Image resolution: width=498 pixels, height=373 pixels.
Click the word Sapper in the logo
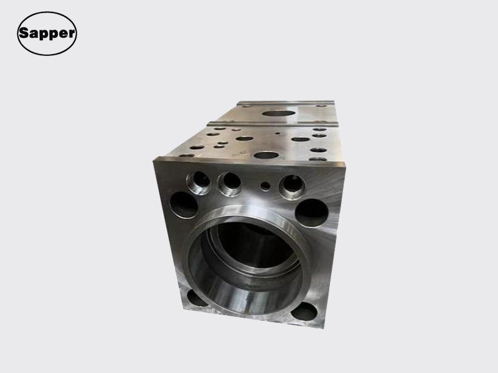[47, 34]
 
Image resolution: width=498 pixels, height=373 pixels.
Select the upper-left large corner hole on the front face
[184, 205]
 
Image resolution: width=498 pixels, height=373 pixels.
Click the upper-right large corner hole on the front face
[312, 213]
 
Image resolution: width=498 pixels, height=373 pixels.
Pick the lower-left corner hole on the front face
[196, 298]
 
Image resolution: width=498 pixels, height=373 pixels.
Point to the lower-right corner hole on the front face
[304, 311]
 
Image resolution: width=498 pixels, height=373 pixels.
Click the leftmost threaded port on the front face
[199, 183]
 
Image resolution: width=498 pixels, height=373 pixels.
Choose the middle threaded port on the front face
[230, 184]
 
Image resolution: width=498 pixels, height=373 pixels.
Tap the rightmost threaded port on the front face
[292, 187]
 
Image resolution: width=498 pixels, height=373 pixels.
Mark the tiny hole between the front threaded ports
[266, 186]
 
